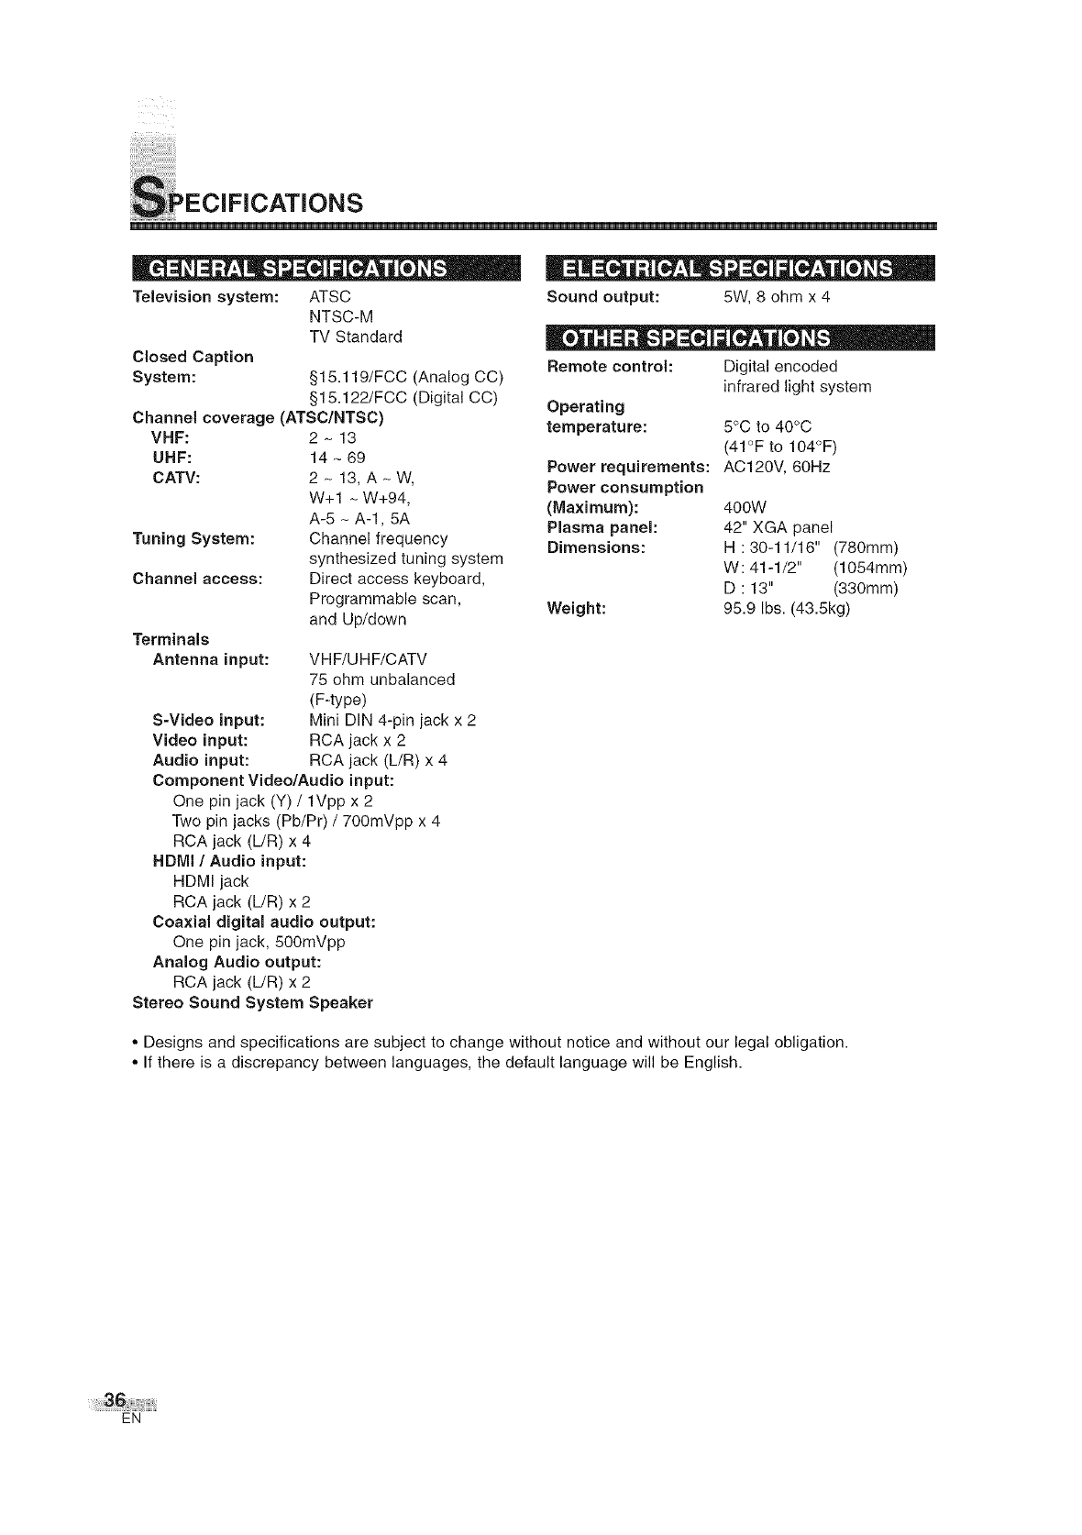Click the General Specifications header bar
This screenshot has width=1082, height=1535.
tap(326, 269)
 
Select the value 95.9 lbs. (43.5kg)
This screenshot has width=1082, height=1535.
tap(787, 608)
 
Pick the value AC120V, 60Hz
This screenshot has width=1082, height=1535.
tap(777, 467)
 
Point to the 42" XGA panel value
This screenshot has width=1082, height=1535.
tap(778, 527)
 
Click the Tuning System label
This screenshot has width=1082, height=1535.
tap(193, 538)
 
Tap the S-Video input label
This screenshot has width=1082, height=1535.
tap(208, 720)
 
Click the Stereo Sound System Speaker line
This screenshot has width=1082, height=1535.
tap(253, 1002)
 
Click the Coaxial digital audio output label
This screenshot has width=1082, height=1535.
tap(264, 922)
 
